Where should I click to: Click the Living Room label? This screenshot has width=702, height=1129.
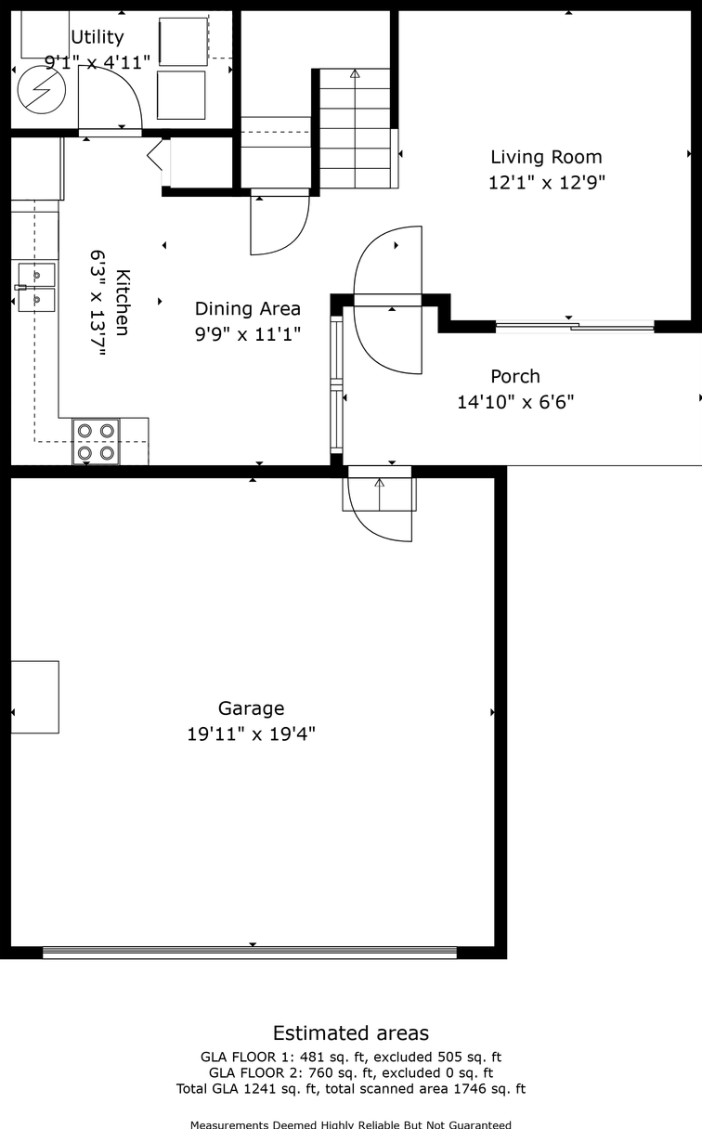tap(546, 157)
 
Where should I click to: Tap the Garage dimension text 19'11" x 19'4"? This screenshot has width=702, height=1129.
tap(251, 734)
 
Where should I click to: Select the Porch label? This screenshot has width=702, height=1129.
tap(514, 376)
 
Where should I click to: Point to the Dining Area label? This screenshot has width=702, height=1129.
tap(247, 308)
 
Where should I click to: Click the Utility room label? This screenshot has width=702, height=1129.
tap(97, 37)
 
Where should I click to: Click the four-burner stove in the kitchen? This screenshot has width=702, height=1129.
tap(97, 442)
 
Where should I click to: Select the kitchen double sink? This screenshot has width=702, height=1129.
tap(36, 287)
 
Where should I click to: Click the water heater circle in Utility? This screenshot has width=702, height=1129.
tap(41, 89)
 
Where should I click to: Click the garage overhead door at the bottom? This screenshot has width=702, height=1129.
tap(250, 952)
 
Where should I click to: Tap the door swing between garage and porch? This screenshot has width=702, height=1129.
tap(380, 510)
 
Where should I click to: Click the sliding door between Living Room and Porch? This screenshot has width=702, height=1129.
tap(575, 326)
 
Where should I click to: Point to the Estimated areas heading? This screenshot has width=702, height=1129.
tap(351, 1032)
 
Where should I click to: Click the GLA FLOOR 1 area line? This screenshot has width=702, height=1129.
tap(351, 1057)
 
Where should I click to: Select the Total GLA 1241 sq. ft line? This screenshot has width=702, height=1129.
tap(351, 1088)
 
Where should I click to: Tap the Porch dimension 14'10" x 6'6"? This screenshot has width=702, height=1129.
tap(514, 402)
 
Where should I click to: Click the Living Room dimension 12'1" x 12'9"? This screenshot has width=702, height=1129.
tap(546, 183)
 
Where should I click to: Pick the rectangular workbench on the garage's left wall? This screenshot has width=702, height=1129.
tap(34, 696)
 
